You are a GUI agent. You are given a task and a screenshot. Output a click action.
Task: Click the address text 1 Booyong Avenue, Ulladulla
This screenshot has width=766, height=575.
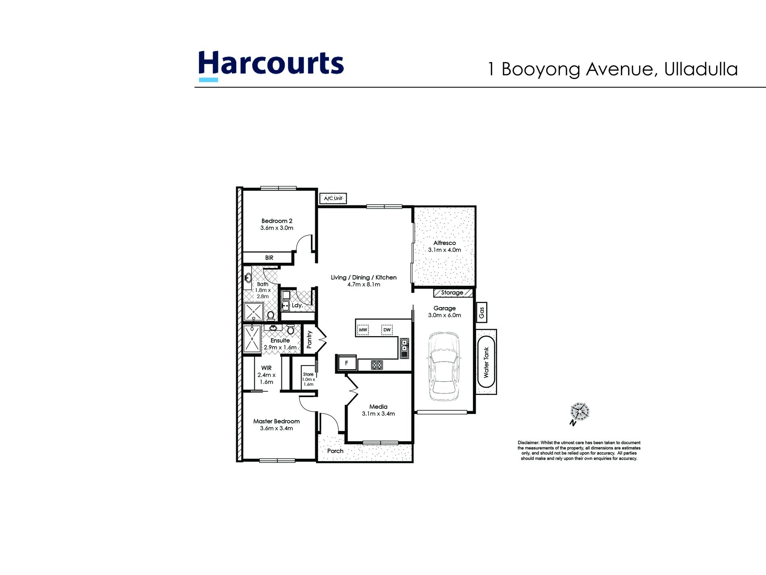point(613,69)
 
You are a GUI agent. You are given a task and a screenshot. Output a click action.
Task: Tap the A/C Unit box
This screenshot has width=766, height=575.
point(333,199)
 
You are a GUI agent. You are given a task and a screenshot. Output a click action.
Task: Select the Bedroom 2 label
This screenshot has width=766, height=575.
point(277,221)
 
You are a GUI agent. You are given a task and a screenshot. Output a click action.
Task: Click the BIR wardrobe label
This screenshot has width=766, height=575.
point(269,258)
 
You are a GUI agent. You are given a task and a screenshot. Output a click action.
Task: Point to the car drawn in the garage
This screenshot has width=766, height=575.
point(443,366)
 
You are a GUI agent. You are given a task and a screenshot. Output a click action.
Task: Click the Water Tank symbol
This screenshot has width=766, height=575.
point(486,362)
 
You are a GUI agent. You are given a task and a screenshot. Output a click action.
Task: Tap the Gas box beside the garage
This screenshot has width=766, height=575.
point(481,312)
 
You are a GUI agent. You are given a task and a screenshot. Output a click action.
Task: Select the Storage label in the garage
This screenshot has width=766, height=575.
point(452,293)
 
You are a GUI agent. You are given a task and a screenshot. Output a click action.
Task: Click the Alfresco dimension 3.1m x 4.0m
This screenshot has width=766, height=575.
point(444,250)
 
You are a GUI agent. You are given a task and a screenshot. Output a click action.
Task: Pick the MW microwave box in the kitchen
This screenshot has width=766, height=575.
point(363,330)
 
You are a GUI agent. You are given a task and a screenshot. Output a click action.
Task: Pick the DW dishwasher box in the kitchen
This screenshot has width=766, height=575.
point(387,330)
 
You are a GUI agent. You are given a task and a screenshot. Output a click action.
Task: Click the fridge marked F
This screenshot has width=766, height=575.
point(346,363)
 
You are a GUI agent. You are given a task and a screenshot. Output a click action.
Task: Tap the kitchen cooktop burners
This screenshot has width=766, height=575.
point(377,365)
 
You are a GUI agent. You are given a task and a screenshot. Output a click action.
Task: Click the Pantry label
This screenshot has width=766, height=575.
point(309,339)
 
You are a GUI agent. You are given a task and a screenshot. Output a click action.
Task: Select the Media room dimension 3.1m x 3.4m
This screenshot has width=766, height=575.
point(378,414)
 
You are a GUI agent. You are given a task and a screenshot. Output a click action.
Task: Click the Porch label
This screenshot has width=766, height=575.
point(335,451)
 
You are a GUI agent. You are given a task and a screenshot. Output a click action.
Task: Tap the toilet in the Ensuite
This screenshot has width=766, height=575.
point(291,330)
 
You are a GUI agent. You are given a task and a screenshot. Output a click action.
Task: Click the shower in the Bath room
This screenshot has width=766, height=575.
point(253,312)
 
